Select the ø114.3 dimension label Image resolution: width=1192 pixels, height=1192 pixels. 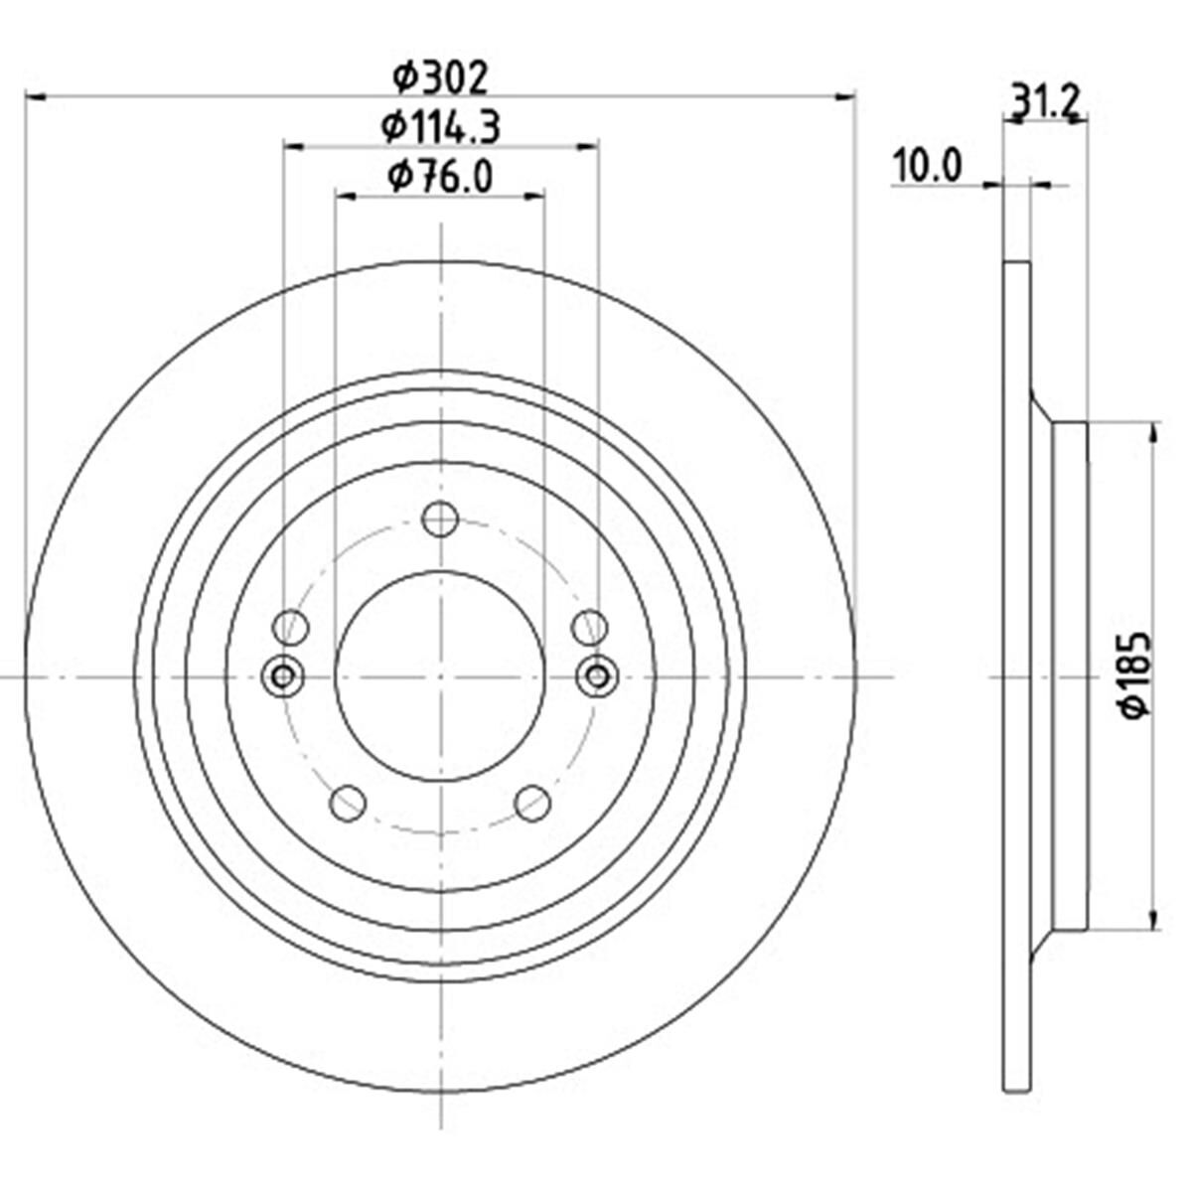click(440, 126)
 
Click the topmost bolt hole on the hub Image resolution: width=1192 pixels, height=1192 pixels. click(439, 519)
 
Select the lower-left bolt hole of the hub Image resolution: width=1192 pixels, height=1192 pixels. click(347, 803)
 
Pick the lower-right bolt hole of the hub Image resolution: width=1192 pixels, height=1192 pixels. click(532, 803)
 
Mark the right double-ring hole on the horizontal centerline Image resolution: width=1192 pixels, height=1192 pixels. click(596, 676)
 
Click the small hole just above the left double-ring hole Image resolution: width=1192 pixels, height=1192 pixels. click(291, 627)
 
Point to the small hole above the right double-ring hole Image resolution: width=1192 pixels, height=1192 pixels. click(589, 627)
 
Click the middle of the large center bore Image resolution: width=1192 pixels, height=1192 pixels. click(439, 676)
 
